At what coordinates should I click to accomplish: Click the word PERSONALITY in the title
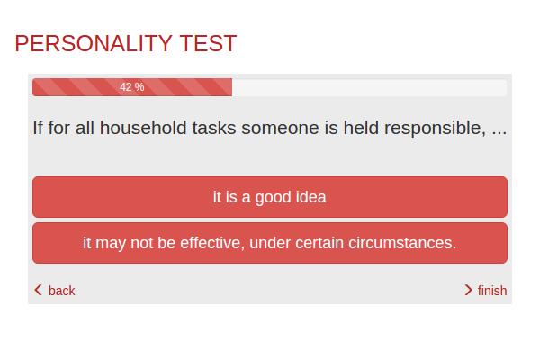click(x=94, y=43)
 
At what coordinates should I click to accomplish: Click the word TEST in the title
click(x=208, y=43)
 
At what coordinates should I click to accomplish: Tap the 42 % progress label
click(x=132, y=87)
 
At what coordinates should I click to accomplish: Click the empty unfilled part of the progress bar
click(x=369, y=87)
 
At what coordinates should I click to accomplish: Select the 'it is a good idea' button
click(x=270, y=197)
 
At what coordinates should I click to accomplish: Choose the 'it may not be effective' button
click(x=270, y=243)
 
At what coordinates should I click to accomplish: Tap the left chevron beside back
click(x=38, y=290)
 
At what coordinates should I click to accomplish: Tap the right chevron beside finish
click(x=468, y=290)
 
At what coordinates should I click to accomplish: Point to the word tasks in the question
click(x=214, y=128)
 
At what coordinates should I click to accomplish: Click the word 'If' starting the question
click(x=38, y=128)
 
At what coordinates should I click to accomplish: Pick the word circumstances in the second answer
click(x=402, y=243)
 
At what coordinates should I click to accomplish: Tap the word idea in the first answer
click(x=311, y=197)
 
